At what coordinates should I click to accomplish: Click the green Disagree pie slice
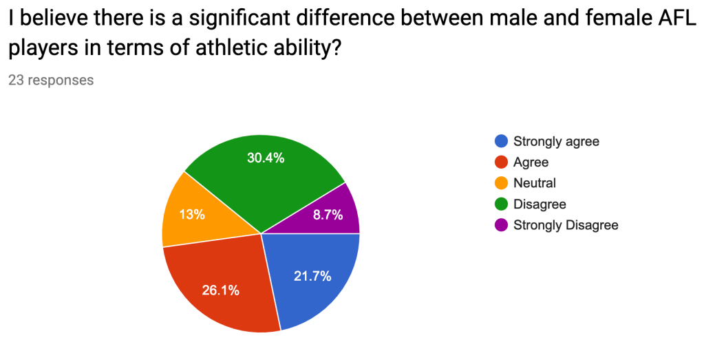[265, 180]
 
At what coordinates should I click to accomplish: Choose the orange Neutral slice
[198, 213]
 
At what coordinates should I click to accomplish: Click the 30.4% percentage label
[266, 158]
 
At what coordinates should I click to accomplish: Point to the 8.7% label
[328, 215]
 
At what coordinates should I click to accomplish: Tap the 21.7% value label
[312, 276]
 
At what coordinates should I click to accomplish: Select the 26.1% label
[220, 290]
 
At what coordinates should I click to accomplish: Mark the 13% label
[192, 215]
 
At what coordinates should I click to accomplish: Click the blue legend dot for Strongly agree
[501, 141]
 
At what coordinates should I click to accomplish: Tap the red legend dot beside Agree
[501, 162]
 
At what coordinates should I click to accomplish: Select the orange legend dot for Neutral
[501, 182]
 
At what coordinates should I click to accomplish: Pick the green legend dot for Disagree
[501, 204]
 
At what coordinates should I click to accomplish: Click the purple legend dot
[501, 225]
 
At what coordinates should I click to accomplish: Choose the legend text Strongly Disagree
[566, 225]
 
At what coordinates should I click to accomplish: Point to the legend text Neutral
[535, 183]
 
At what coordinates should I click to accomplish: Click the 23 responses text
[51, 80]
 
